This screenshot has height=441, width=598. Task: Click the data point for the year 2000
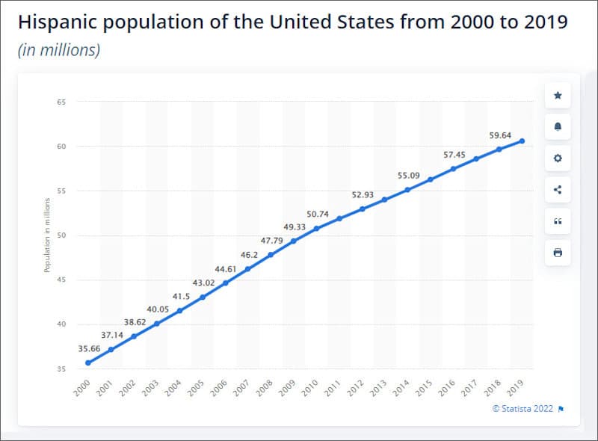[88, 363]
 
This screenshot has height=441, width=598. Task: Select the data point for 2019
[521, 141]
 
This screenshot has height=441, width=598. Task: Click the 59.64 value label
[499, 136]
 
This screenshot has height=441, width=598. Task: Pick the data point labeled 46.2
[247, 268]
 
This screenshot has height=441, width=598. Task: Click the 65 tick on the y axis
[61, 102]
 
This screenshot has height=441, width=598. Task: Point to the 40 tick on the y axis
[61, 324]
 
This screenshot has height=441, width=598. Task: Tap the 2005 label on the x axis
[197, 386]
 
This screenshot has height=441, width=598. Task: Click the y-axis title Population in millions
[46, 235]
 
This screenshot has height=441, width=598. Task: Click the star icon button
[558, 96]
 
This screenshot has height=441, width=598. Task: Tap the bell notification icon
[558, 127]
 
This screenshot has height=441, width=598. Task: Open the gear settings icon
[558, 158]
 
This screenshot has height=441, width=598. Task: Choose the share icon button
[558, 190]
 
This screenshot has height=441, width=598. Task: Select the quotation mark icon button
[558, 221]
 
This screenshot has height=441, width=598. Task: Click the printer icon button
[558, 253]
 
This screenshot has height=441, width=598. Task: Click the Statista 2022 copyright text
[523, 408]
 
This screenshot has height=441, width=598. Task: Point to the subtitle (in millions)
[58, 51]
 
